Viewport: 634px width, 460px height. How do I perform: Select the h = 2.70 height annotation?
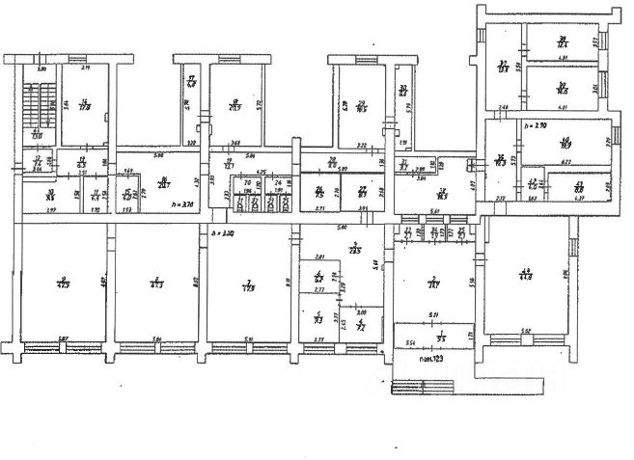coord(535,126)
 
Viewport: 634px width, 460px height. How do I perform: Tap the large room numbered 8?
coord(154,284)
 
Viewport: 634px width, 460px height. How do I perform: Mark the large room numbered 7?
coord(249,284)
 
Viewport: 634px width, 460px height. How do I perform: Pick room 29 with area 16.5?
coord(359,106)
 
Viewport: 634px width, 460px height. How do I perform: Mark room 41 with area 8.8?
coord(578,187)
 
